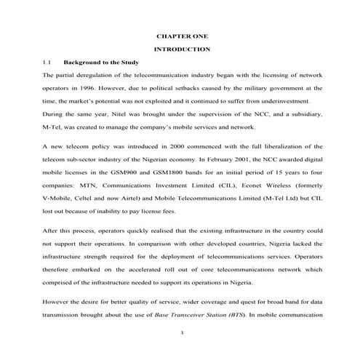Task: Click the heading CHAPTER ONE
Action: point(183,35)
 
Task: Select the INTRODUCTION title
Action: point(183,49)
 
